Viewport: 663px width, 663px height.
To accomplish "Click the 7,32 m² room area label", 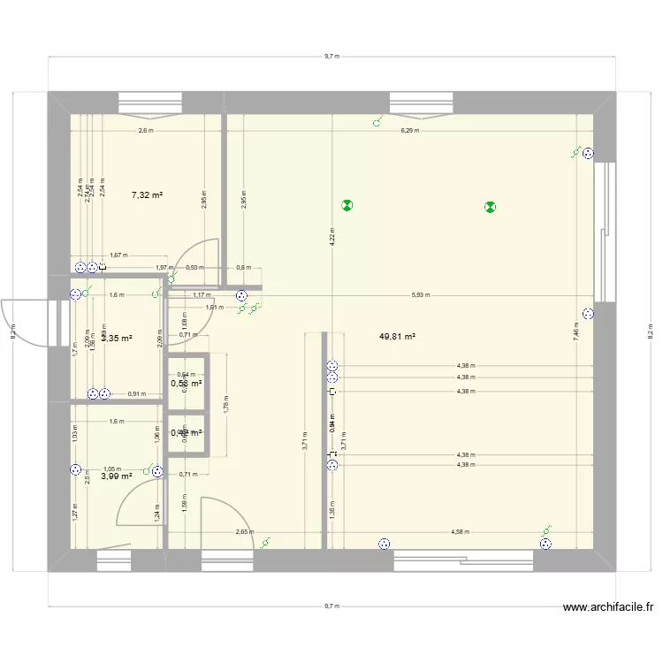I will [147, 194].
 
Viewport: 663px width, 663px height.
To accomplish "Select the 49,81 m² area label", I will [397, 336].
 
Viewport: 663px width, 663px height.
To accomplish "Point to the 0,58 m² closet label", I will [186, 383].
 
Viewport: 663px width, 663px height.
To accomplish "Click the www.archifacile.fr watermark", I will [609, 607].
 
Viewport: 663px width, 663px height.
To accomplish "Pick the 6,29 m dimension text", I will [409, 130].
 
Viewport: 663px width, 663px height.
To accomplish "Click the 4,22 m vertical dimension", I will [332, 237].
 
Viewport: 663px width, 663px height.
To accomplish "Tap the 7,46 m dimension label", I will [576, 331].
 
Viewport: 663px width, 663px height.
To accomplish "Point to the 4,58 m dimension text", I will [460, 532].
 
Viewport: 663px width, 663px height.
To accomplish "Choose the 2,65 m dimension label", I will [244, 532].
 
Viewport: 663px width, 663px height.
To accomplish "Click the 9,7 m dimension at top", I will [331, 56].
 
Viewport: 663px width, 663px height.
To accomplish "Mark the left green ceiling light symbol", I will [347, 206].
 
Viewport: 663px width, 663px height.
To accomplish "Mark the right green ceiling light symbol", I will [490, 208].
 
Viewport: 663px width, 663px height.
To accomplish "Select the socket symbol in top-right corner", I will [588, 154].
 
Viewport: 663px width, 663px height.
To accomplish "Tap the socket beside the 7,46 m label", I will [588, 313].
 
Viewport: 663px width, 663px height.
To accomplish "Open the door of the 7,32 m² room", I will [199, 252].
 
